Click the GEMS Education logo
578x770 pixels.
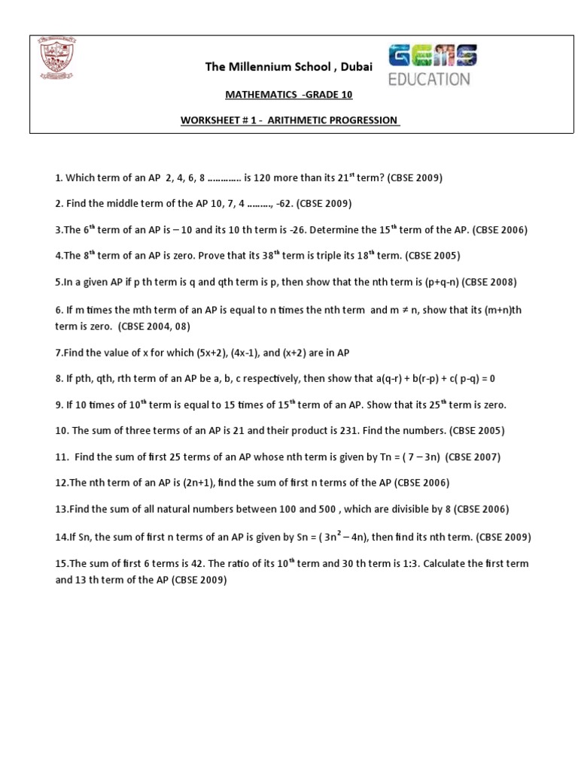(x=432, y=65)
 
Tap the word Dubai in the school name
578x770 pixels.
(x=356, y=67)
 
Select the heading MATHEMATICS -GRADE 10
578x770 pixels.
(x=289, y=95)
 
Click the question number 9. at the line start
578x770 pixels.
(x=59, y=405)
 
